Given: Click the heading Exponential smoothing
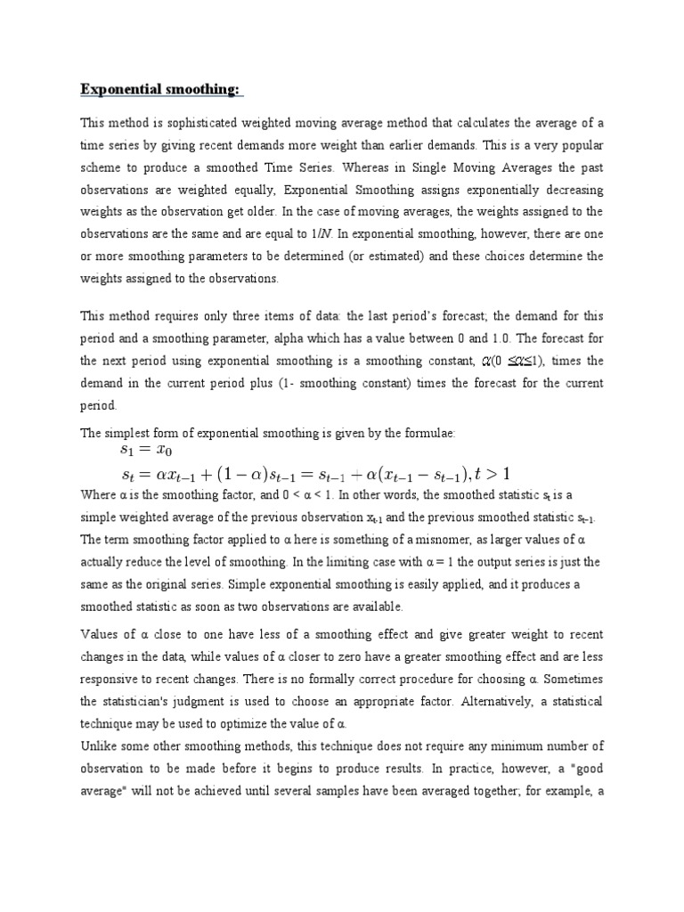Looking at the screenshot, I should point(161,89).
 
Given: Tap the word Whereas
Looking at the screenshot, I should point(373,167).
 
